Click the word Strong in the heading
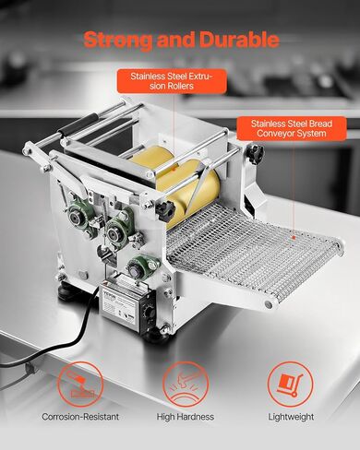point(118,40)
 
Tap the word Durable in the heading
point(239,40)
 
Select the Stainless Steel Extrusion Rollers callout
point(172,81)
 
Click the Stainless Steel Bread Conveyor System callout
point(292,128)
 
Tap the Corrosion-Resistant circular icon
point(80,385)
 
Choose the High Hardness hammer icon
point(186,385)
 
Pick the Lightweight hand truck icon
point(290,385)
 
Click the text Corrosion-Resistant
point(80,417)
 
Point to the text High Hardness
point(186,417)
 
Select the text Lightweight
point(291,417)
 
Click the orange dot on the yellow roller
point(174,169)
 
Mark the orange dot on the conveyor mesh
point(294,237)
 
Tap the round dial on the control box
point(150,313)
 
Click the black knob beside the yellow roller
point(165,211)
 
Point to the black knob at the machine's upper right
point(255,151)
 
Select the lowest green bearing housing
point(140,267)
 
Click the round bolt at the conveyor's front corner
point(269,304)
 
